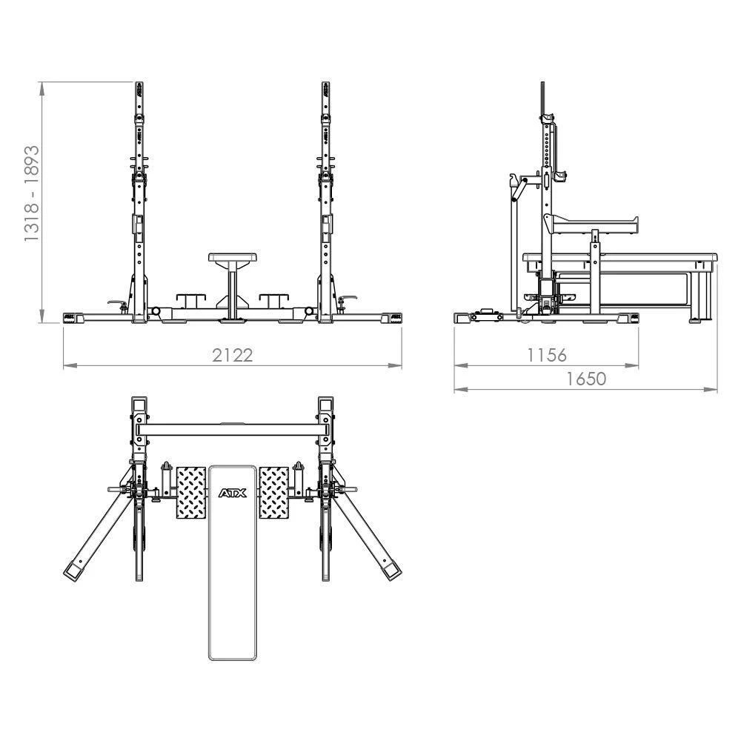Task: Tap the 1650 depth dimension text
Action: point(586,379)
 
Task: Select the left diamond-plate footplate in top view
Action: point(190,492)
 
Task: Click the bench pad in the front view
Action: point(233,257)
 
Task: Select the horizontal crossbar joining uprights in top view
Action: point(233,429)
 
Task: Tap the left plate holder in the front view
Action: point(190,299)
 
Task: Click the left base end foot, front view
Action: point(73,317)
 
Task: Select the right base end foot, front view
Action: point(391,317)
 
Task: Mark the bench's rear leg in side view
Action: point(699,296)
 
